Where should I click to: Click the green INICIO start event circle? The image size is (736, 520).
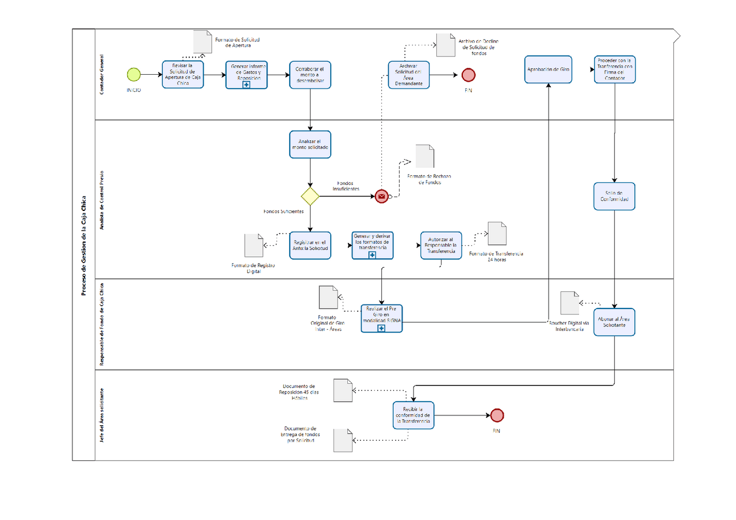coord(133,74)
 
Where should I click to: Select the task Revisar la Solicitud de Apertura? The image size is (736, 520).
coord(183,74)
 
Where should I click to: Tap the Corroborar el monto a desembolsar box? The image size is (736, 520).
coord(310,74)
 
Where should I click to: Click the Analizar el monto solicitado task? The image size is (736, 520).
coord(310,144)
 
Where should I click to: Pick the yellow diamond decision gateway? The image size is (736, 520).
coord(310,197)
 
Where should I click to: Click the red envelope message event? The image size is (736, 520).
coord(381,197)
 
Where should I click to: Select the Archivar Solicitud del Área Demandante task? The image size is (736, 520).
coord(409,75)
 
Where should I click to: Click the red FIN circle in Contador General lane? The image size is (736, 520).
coord(468,75)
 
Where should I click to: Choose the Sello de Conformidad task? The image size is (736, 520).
coord(615,197)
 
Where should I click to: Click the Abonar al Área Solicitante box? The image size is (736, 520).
coord(615,322)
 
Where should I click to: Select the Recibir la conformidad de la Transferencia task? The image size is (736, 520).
coord(413,415)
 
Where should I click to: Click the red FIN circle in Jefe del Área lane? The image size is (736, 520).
coord(497,415)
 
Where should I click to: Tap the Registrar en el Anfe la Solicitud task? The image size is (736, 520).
coord(310,245)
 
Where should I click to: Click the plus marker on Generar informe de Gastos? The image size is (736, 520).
coord(246,84)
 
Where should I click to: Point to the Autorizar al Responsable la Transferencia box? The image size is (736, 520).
coord(440,245)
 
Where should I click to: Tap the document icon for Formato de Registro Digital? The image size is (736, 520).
coord(253,245)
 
